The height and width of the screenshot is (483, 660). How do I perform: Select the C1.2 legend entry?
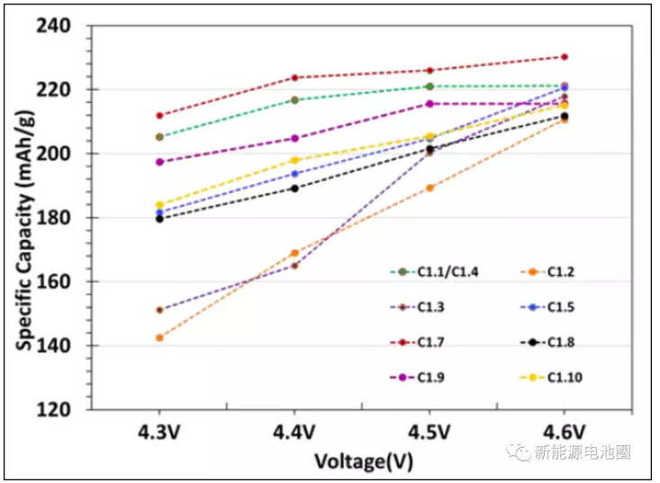(x=550, y=271)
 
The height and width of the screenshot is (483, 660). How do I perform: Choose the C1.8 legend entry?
(x=550, y=342)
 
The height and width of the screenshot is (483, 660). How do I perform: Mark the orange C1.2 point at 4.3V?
(x=159, y=338)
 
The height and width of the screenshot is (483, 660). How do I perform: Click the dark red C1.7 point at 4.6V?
(x=565, y=57)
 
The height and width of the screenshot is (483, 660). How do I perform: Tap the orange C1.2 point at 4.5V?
(x=429, y=188)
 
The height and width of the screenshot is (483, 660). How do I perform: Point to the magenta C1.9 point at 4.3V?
(x=159, y=162)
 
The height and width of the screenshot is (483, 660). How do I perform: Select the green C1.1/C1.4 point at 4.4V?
(x=294, y=100)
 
